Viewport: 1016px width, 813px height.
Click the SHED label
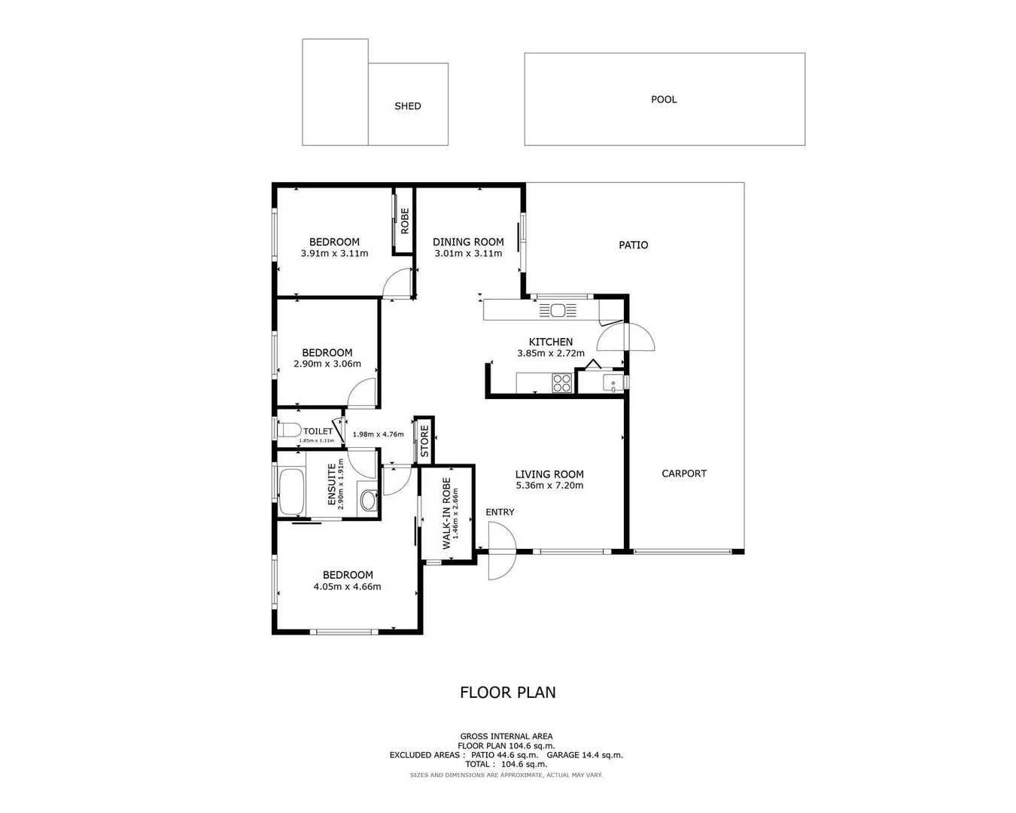pyautogui.click(x=407, y=106)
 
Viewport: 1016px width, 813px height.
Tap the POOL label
pyautogui.click(x=664, y=99)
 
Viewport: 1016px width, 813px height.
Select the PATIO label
pyautogui.click(x=633, y=245)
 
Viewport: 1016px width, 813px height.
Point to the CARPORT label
pyautogui.click(x=684, y=473)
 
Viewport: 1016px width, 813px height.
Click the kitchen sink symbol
pyautogui.click(x=557, y=309)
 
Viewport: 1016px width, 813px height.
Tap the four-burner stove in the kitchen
pyautogui.click(x=562, y=383)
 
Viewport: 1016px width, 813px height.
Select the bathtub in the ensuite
pyautogui.click(x=291, y=492)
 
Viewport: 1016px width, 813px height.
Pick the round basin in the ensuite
pyautogui.click(x=368, y=500)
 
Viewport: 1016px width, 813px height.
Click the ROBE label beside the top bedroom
pyautogui.click(x=404, y=221)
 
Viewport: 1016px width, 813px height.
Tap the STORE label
pyautogui.click(x=424, y=441)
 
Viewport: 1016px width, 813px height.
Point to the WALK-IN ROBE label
pyautogui.click(x=446, y=513)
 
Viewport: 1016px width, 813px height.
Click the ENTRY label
pyautogui.click(x=500, y=512)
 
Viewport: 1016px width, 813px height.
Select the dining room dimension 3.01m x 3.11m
pyautogui.click(x=468, y=254)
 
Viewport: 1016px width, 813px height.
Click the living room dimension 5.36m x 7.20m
pyautogui.click(x=549, y=486)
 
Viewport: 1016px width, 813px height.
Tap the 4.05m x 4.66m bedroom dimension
pyautogui.click(x=347, y=586)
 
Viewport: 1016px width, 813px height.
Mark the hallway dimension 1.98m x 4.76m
pyautogui.click(x=378, y=434)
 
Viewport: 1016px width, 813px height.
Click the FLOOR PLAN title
pyautogui.click(x=508, y=693)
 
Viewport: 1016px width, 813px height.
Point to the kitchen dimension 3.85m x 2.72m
pyautogui.click(x=550, y=353)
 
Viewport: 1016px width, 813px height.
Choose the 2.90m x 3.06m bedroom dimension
pyautogui.click(x=327, y=364)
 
